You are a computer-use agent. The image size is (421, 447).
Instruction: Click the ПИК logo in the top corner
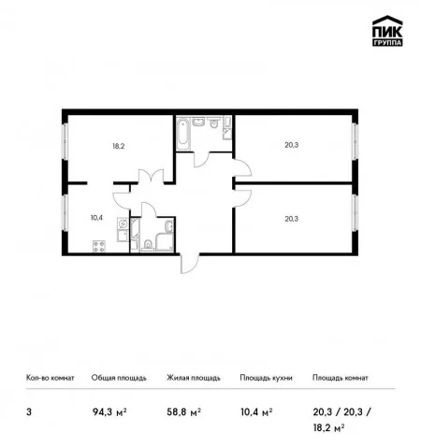tap(387, 31)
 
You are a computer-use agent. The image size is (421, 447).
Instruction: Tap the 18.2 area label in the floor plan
tap(119, 146)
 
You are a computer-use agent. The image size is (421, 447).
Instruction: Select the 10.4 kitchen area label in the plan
tap(96, 218)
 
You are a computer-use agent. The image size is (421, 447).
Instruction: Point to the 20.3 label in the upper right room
tap(292, 145)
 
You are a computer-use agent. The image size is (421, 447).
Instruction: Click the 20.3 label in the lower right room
tap(292, 219)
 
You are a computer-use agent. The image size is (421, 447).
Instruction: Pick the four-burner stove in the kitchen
tap(99, 246)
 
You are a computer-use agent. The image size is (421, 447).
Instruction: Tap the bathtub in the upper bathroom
tap(183, 135)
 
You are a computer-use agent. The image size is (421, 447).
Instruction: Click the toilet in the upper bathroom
tap(213, 123)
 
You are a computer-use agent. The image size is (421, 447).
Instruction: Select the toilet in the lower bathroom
tap(147, 245)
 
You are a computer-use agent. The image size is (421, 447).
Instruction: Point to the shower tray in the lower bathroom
tap(165, 241)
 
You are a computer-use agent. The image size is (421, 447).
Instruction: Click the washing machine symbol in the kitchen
tap(123, 223)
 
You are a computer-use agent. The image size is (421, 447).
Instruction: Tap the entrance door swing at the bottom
tap(190, 264)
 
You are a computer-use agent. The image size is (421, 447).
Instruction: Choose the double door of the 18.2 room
tap(151, 176)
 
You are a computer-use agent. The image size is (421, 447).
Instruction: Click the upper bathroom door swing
tap(202, 159)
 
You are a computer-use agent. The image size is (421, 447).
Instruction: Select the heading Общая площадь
tap(119, 378)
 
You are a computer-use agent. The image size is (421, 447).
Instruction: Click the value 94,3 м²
tap(109, 412)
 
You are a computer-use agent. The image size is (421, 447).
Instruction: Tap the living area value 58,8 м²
tap(183, 412)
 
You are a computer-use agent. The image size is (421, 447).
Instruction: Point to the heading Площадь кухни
tap(266, 378)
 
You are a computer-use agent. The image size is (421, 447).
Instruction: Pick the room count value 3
tap(29, 412)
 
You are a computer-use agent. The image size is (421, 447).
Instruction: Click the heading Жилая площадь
tap(194, 378)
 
